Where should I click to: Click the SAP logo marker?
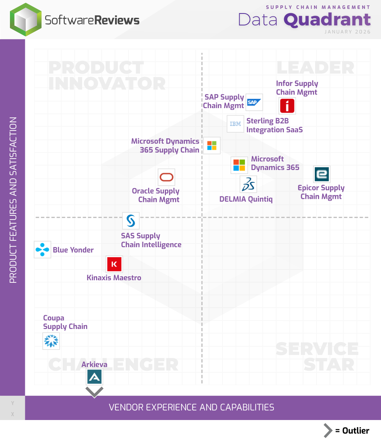254,102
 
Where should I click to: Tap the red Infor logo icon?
287,106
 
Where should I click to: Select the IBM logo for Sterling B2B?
235,124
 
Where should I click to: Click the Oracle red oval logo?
166,177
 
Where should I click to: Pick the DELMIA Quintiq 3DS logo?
248,184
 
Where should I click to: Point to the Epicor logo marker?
322,174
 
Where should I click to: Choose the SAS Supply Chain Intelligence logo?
131,221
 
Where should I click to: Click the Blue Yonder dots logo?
42,249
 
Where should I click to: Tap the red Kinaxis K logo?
114,264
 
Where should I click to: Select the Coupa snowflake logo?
51,341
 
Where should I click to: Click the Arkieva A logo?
94,377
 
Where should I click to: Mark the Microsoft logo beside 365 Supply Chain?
212,145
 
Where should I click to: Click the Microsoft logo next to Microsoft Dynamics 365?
239,165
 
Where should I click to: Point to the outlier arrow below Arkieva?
94,392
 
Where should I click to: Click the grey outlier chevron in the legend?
328,431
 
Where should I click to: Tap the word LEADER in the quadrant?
315,68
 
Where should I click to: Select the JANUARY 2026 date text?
348,32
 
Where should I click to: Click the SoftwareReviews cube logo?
26,20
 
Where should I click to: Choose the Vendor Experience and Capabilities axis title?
192,407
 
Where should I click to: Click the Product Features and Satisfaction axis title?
13,200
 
